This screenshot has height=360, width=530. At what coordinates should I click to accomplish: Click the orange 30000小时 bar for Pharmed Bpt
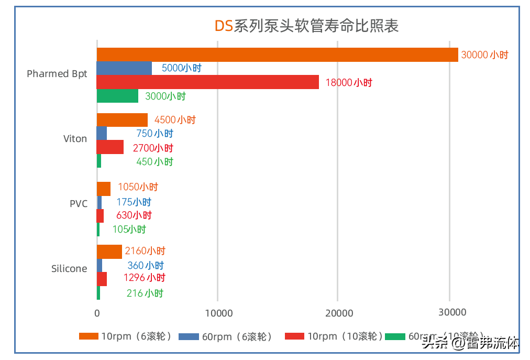coord(278,54)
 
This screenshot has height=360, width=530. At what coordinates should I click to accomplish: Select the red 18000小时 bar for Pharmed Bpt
coord(208,82)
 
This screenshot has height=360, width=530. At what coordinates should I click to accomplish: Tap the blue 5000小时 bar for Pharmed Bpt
coord(125,69)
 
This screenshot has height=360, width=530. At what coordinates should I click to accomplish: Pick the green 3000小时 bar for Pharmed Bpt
coord(118,96)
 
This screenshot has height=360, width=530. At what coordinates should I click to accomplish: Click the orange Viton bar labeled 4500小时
coord(123,120)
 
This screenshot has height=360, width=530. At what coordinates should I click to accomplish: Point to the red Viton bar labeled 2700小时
coord(111,147)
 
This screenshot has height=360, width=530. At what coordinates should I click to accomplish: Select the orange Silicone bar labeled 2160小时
coord(109,252)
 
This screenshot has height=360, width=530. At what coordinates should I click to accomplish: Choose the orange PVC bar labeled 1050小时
coord(104,188)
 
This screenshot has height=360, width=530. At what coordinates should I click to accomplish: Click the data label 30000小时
coord(484,54)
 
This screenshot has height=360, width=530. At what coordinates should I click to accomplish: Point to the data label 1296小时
coord(144,278)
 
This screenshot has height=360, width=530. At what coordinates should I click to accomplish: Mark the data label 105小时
coord(129,229)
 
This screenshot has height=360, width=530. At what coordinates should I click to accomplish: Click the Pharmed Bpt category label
coord(57,73)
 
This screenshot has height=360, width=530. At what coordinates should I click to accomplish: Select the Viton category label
coord(75,139)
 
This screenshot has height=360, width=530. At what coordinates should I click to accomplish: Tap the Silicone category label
coord(69,269)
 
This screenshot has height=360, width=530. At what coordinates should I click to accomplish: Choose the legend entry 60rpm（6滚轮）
coord(226,337)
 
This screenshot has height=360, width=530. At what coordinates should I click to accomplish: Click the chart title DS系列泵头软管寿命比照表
coord(307,26)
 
